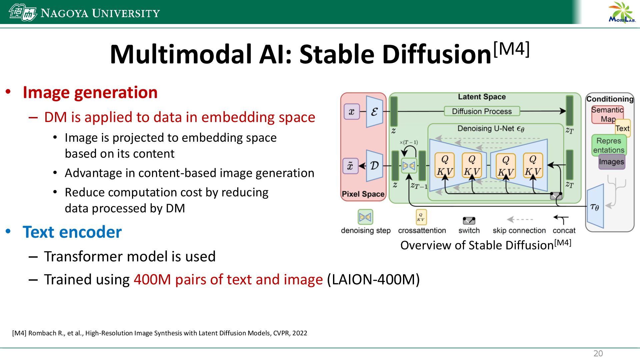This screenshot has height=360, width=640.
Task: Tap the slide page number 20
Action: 598,354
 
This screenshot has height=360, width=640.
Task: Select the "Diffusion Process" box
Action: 482,111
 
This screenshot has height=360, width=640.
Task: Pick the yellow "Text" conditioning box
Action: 623,128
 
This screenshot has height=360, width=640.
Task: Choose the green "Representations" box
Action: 609,145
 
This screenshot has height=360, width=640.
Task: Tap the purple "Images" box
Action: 611,162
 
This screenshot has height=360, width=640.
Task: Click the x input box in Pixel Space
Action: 351,111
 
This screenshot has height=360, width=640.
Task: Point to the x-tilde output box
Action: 350,166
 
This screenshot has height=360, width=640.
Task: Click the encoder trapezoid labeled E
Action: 374,112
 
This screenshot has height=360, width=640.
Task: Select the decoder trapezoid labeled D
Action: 374,166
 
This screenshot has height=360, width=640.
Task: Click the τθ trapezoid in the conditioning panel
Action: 595,207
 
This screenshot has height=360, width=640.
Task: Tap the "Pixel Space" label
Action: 363,194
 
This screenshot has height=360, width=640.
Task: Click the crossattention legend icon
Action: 421,217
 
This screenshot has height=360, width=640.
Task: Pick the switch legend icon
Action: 469,221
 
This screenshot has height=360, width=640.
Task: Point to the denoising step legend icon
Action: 365,217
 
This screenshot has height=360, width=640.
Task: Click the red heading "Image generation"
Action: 90,92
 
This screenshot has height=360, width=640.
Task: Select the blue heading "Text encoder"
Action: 72,232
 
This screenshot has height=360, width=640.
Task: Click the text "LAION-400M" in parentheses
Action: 373,279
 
